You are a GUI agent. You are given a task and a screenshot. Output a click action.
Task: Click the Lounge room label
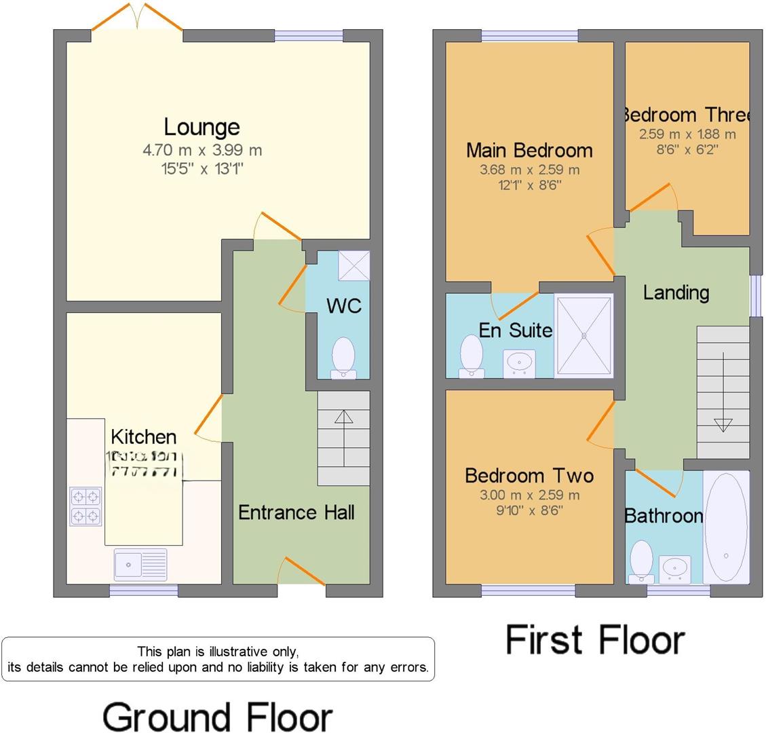tap(202, 127)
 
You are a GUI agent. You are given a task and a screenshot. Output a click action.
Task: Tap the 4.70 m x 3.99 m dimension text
tap(202, 150)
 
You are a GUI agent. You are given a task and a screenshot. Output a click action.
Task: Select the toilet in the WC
tap(344, 356)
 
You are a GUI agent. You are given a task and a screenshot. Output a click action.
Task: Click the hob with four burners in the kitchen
tap(85, 506)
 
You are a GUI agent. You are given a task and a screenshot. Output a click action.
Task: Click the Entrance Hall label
tap(296, 512)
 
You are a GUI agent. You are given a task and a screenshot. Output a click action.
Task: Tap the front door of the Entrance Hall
tap(301, 571)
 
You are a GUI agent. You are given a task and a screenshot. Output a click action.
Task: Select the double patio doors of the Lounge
tap(137, 18)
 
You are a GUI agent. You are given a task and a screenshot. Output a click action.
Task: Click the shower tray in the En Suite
tap(584, 335)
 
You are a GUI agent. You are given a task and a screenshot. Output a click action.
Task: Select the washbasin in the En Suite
tap(520, 362)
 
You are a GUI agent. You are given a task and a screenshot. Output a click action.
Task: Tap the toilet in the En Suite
tap(471, 355)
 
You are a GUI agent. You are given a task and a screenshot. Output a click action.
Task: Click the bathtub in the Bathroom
tap(726, 527)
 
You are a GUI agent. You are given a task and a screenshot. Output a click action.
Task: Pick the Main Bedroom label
tap(529, 150)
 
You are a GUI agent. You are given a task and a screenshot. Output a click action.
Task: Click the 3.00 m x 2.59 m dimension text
tap(529, 495)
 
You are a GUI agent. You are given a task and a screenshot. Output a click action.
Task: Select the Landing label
tap(676, 293)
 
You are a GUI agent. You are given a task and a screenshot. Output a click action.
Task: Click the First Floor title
tap(595, 640)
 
